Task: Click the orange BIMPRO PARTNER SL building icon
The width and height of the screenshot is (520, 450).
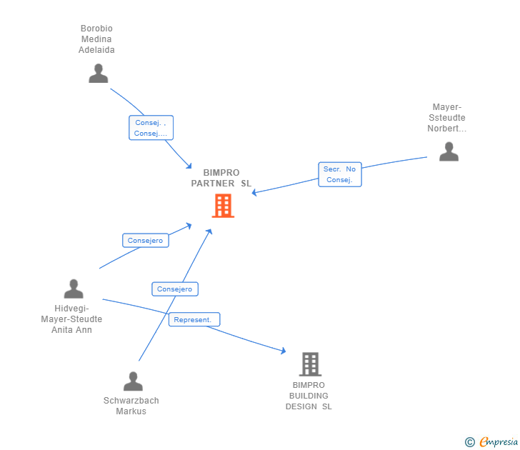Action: (223, 206)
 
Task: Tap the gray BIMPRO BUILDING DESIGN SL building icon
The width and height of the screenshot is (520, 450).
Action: (309, 364)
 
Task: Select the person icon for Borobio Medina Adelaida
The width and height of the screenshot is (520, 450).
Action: (98, 74)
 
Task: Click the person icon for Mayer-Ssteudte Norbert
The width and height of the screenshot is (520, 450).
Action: (449, 151)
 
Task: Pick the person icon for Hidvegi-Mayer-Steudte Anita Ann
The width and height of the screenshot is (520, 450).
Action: (74, 289)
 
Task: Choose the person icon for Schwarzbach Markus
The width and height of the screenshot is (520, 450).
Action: (133, 381)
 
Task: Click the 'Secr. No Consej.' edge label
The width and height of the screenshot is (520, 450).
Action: (340, 174)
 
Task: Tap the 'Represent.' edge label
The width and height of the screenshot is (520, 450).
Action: (194, 320)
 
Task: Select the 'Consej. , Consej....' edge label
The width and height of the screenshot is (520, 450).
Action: (151, 128)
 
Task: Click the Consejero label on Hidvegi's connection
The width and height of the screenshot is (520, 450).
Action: (146, 241)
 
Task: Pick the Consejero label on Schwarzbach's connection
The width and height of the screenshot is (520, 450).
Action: (175, 289)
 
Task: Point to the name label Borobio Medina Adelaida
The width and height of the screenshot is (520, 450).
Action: (96, 39)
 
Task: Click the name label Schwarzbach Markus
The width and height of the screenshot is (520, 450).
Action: (131, 406)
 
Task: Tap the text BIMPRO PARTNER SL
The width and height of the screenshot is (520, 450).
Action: (221, 178)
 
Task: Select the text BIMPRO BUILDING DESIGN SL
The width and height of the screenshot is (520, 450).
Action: (309, 396)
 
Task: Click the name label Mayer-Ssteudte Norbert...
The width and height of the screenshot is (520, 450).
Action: (447, 118)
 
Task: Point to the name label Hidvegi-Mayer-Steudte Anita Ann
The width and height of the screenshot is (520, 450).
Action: (71, 319)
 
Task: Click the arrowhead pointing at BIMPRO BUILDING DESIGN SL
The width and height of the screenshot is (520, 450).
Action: (283, 351)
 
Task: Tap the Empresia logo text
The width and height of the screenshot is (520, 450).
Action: (499, 442)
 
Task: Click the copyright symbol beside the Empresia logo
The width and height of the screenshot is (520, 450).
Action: (469, 442)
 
